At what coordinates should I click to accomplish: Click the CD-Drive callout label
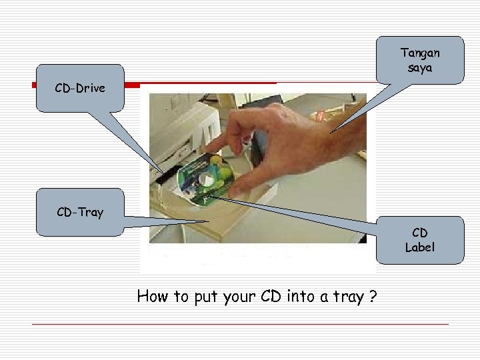coord(80,87)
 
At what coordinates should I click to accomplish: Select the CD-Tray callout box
coord(80,213)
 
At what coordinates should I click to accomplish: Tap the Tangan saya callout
coord(420,60)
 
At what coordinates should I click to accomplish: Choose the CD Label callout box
coord(419,240)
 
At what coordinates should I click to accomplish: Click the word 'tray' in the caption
coord(347,297)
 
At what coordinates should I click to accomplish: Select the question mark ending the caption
coord(374,297)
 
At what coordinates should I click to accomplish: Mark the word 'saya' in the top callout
coord(420,69)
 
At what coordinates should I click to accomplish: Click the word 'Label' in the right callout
coord(420,247)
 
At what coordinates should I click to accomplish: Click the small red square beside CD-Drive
coord(34,85)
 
